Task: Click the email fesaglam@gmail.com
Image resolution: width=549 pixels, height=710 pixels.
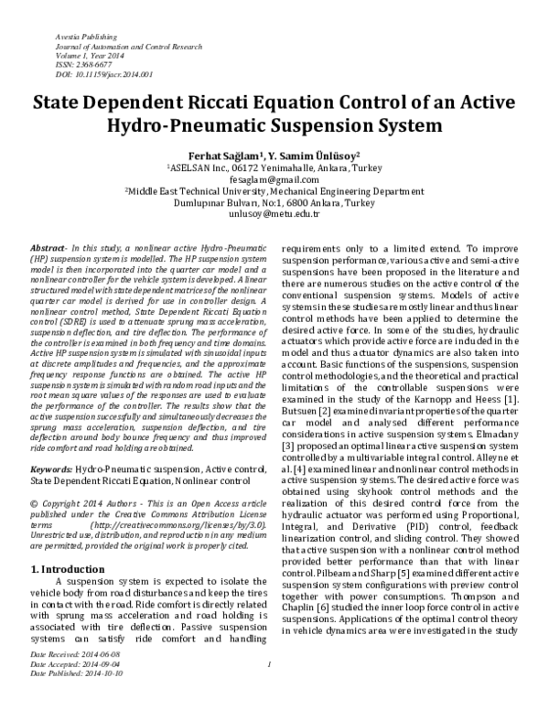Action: coord(274,180)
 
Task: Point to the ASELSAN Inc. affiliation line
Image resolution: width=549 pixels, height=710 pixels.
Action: coord(274,168)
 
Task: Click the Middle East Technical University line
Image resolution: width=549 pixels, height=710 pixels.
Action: coord(274,192)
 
